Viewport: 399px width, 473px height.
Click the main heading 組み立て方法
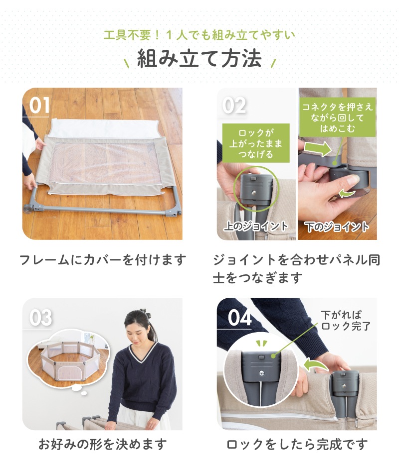click(199, 59)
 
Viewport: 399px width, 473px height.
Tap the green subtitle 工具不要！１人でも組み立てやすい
click(199, 35)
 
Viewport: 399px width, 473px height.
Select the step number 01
click(39, 106)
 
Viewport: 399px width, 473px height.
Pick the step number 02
click(234, 106)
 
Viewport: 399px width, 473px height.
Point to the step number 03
click(40, 318)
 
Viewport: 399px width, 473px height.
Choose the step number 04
click(239, 318)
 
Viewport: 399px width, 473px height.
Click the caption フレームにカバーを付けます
click(103, 260)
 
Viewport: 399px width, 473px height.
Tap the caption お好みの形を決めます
click(102, 444)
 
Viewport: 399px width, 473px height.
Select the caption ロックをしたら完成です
click(297, 444)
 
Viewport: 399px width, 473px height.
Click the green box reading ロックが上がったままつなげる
click(256, 143)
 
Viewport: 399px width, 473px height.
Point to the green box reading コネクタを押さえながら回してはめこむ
click(337, 118)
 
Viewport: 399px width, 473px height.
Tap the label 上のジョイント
click(256, 226)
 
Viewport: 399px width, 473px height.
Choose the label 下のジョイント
click(337, 227)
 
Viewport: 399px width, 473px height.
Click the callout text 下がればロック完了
click(346, 321)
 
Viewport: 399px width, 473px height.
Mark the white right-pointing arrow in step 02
click(318, 149)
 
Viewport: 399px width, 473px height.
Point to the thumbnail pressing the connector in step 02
click(353, 180)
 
